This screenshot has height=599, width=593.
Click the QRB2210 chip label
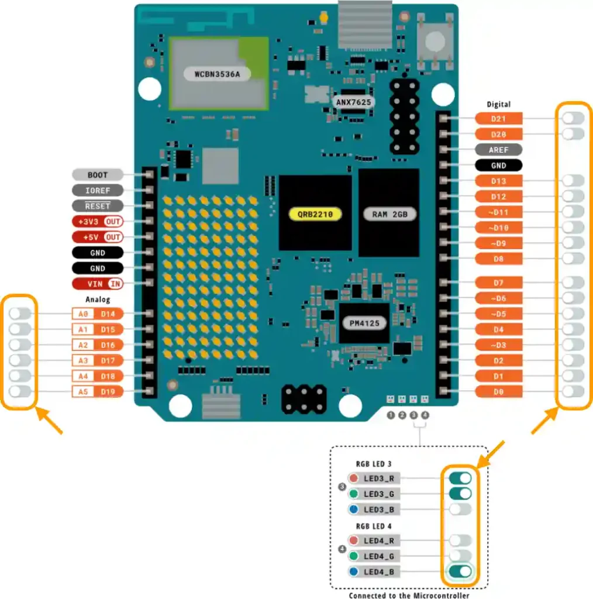tap(315, 214)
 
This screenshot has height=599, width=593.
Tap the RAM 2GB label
tap(389, 214)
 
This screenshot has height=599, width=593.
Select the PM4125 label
tap(364, 323)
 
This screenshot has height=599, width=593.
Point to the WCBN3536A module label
tap(213, 74)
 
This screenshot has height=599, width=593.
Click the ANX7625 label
tap(354, 102)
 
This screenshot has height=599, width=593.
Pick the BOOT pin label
tap(98, 175)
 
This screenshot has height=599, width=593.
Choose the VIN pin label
tap(98, 284)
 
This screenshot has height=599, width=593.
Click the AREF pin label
tap(498, 150)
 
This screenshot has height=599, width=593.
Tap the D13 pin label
tap(498, 181)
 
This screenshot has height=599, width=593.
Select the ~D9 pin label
tap(498, 243)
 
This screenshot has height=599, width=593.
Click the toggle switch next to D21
tap(573, 119)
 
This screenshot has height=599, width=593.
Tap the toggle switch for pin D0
tap(573, 392)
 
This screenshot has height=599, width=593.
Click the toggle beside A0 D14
tap(20, 314)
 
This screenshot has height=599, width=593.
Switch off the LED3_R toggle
tap(460, 478)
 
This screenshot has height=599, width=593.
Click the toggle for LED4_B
tap(460, 572)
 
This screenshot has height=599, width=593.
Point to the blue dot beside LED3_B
tap(353, 510)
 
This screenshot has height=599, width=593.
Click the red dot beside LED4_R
tap(353, 541)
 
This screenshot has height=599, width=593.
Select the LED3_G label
tap(383, 494)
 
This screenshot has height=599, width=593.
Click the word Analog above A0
tap(98, 299)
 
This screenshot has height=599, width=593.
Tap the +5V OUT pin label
tap(98, 237)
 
